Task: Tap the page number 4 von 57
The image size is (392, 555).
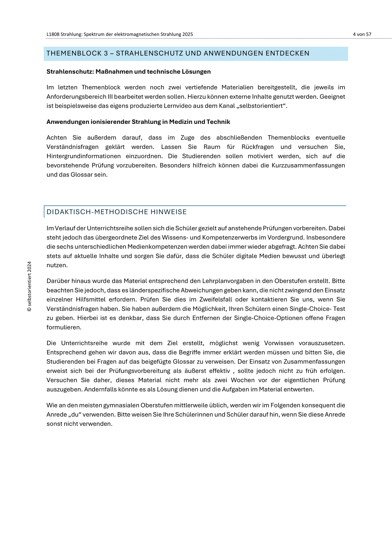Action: click(362, 34)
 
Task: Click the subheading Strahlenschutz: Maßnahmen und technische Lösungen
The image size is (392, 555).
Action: click(129, 72)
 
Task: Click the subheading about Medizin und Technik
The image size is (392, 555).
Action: click(138, 122)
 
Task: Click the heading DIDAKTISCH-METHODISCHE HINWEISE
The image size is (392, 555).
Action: click(117, 212)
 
